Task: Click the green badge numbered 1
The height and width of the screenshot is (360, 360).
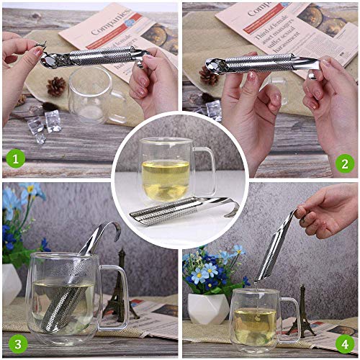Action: pyautogui.click(x=15, y=158)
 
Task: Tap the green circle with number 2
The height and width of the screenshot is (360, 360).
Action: pyautogui.click(x=345, y=163)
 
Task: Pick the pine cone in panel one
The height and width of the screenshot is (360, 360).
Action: pyautogui.click(x=55, y=86)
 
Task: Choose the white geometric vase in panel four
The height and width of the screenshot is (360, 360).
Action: pyautogui.click(x=208, y=307)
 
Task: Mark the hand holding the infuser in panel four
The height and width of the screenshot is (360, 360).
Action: pyautogui.click(x=328, y=209)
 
